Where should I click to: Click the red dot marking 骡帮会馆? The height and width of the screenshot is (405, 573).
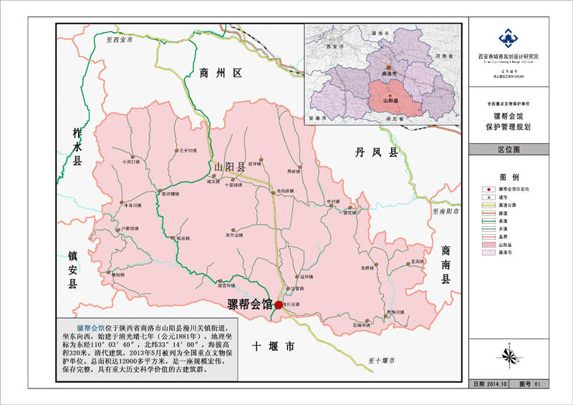coord(278,305)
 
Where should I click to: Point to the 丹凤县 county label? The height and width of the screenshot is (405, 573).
coord(377,152)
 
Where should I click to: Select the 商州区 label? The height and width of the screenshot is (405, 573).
coord(222,72)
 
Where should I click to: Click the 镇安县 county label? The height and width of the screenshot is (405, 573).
coord(72,270)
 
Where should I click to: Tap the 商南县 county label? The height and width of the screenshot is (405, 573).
coord(446,265)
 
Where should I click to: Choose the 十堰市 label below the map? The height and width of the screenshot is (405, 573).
coord(274,347)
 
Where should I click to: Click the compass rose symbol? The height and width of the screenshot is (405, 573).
coord(509,355)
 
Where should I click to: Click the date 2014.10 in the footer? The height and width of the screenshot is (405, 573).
coord(498,384)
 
